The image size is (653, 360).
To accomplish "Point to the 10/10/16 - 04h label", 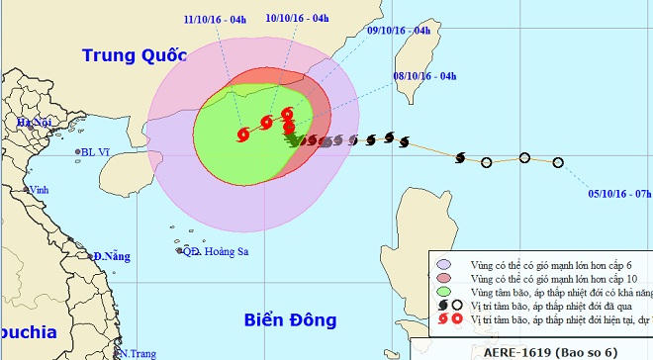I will coord(298,19).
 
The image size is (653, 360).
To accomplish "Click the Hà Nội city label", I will coord(32,122).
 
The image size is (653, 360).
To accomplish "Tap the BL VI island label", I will coord(96,152).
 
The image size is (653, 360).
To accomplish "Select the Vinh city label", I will coord(40,189).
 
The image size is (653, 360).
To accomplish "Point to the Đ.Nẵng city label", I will coord(112,256).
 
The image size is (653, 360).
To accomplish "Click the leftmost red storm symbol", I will coord(243,135).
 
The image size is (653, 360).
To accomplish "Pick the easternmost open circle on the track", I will coord(558,162).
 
